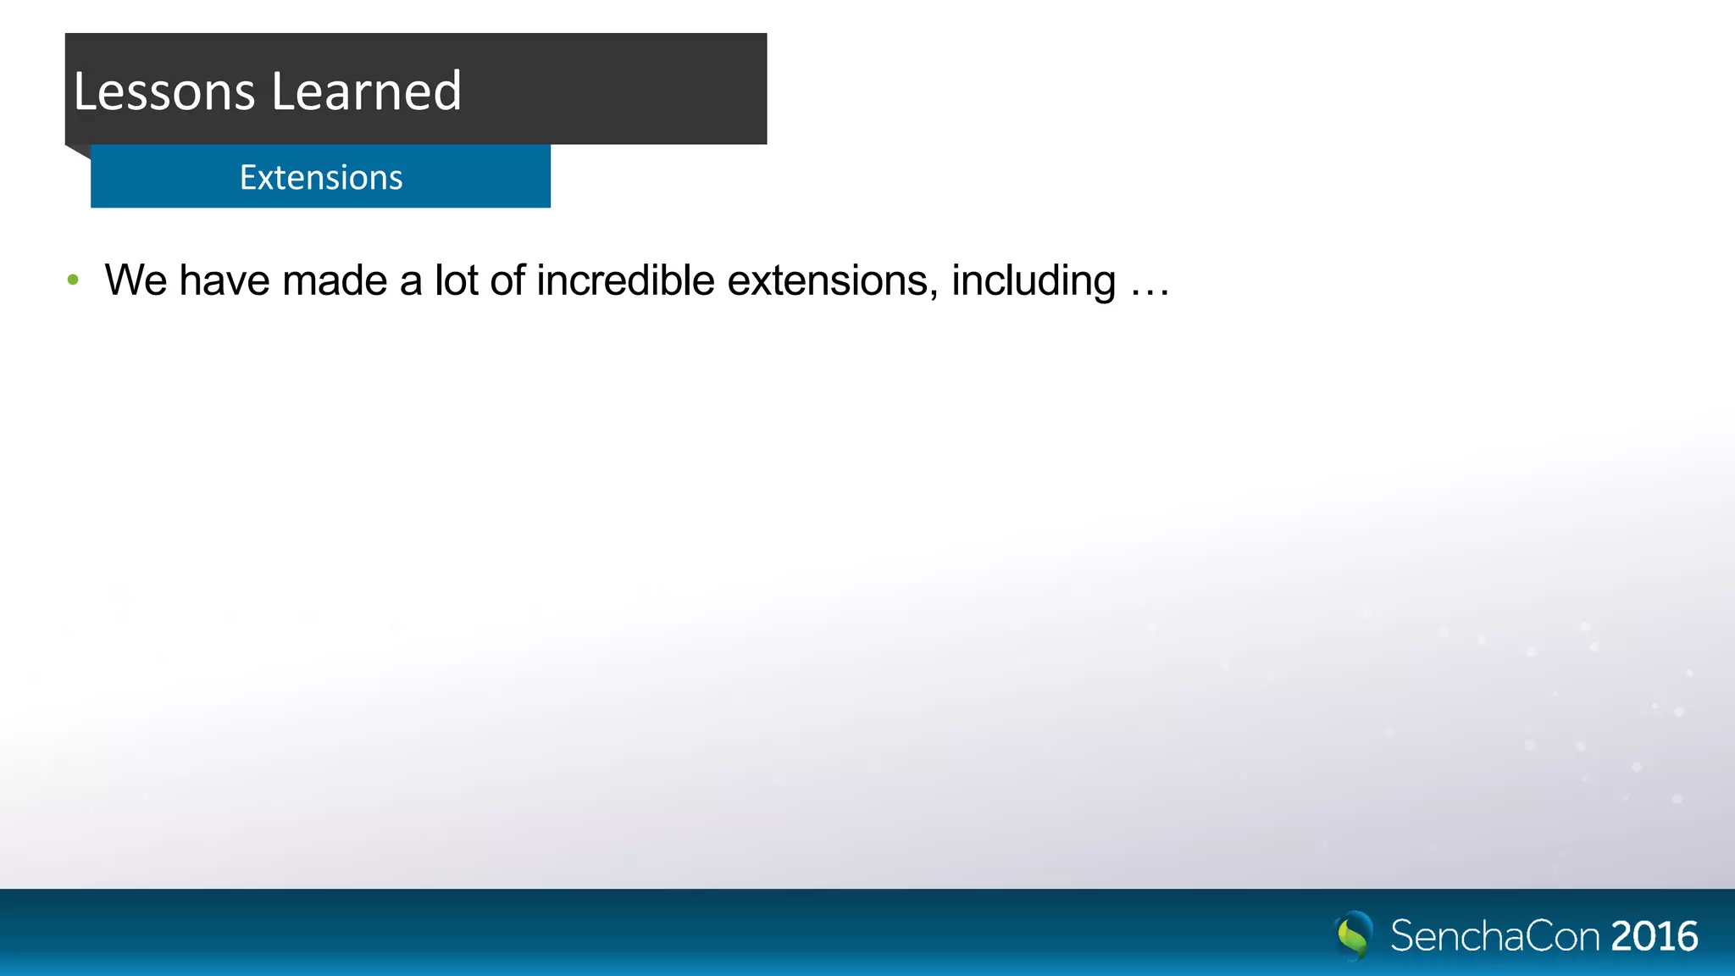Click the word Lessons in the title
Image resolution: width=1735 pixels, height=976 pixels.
[x=164, y=91]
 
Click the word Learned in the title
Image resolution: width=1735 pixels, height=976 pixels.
[x=366, y=91]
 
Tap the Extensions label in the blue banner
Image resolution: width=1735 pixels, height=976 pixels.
[x=321, y=178]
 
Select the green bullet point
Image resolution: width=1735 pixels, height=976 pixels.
[x=74, y=280]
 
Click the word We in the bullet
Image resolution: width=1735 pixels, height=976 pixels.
[x=136, y=280]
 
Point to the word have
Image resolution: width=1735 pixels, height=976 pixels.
[x=224, y=280]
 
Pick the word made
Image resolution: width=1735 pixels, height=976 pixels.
[x=335, y=280]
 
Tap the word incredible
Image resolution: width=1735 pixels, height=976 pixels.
[x=625, y=280]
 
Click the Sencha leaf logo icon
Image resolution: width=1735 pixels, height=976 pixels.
[x=1354, y=935]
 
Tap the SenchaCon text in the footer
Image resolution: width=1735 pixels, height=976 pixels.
[x=1495, y=936]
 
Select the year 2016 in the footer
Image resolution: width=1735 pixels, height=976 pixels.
[x=1655, y=936]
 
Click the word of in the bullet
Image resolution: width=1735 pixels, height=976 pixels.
[x=507, y=280]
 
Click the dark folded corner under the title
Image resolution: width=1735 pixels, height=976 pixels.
[x=79, y=151]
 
